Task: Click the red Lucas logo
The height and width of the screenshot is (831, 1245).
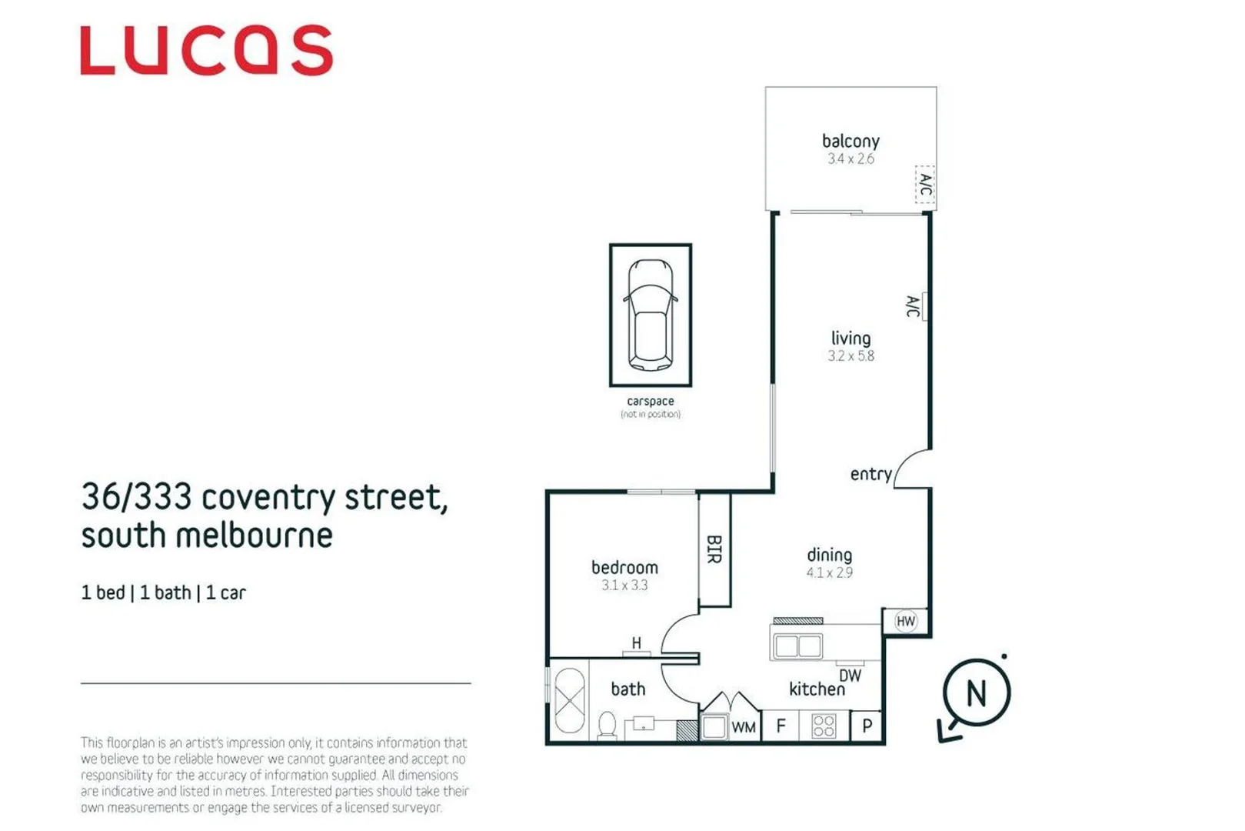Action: click(x=206, y=50)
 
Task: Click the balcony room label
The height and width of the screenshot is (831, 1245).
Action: click(x=851, y=141)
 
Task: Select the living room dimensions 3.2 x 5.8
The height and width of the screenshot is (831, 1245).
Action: click(x=851, y=356)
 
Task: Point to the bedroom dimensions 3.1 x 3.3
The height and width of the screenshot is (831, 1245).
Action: click(x=624, y=586)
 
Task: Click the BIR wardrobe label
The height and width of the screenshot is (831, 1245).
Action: click(x=714, y=549)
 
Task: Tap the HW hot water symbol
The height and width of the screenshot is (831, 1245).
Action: click(x=906, y=621)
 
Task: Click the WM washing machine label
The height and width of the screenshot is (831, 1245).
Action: click(x=744, y=727)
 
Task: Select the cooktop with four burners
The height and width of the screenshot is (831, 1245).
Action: click(x=824, y=726)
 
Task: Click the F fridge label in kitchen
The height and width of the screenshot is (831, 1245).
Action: click(x=781, y=726)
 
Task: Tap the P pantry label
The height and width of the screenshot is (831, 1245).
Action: click(x=867, y=726)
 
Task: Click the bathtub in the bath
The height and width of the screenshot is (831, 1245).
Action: click(x=569, y=700)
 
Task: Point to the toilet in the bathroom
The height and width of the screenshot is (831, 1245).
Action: click(x=608, y=724)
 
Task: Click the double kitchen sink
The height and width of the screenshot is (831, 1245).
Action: click(x=797, y=646)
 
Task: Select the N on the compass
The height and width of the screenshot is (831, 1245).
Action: click(x=976, y=693)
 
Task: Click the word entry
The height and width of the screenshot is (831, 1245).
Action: click(x=871, y=474)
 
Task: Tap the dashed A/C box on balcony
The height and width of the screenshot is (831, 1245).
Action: click(x=925, y=185)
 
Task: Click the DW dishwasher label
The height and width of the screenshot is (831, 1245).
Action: click(x=850, y=676)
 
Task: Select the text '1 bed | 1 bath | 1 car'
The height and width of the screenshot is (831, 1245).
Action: click(x=164, y=592)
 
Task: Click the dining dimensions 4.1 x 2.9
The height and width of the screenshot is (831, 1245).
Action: click(x=829, y=572)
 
